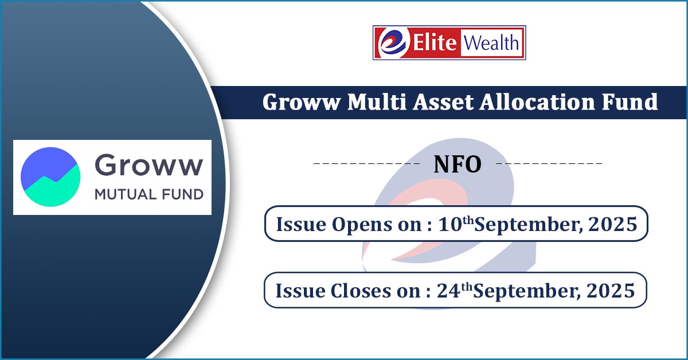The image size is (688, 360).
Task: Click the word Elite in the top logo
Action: [x=435, y=42]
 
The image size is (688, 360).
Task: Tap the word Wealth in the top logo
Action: [x=491, y=42]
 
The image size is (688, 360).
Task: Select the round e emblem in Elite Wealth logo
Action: [x=393, y=42]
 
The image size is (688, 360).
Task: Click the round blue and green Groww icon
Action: [x=50, y=177]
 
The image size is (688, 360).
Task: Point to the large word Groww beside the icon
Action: [x=149, y=165]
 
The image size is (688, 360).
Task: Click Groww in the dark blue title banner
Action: [x=301, y=102]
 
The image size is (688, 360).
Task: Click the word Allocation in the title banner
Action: [x=537, y=101]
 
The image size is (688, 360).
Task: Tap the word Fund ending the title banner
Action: [x=630, y=101]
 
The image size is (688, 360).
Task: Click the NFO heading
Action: [x=458, y=165]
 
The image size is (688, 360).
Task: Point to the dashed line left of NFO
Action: [x=366, y=163]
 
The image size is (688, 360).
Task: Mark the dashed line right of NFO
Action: [x=549, y=163]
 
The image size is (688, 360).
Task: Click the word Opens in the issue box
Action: [x=362, y=225]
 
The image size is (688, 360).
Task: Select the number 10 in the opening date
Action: [x=450, y=224]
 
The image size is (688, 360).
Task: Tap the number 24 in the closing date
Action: [x=448, y=291]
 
